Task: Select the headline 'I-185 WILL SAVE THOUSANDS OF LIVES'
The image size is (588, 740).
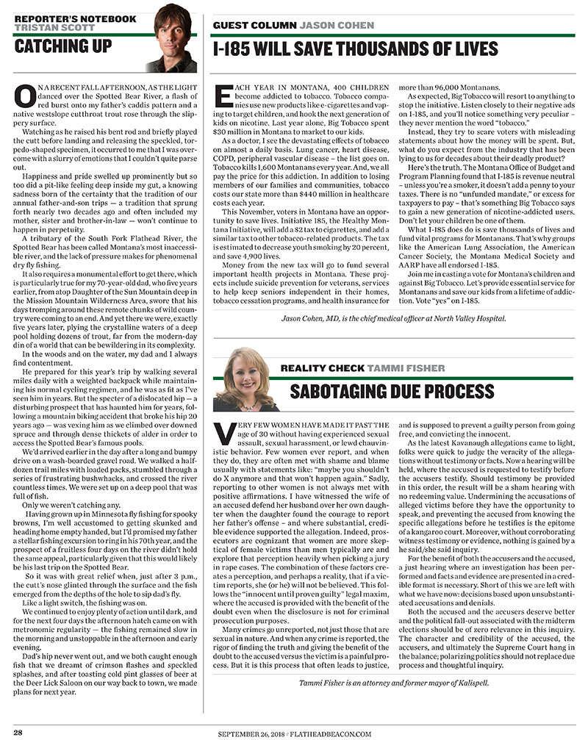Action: pos(355,49)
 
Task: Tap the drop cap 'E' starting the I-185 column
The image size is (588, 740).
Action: pos(223,98)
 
